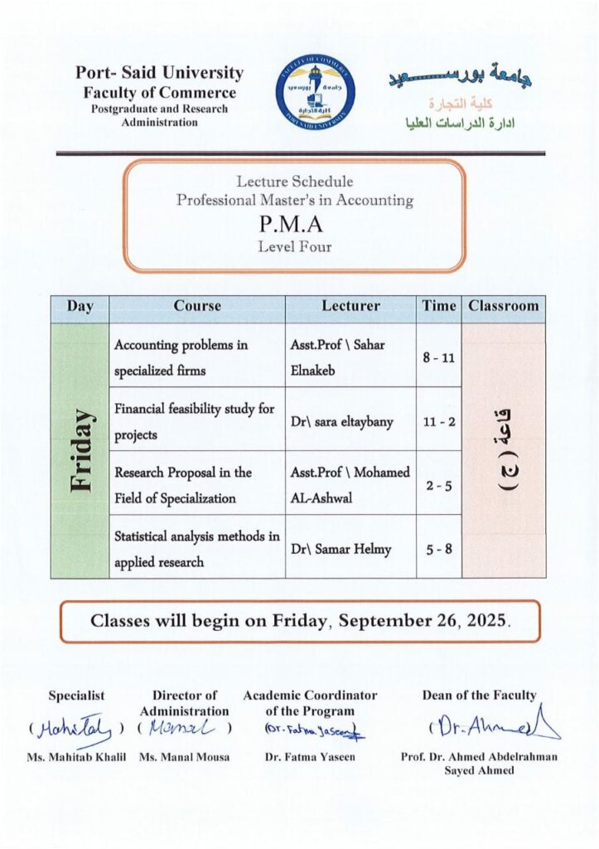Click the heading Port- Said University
point(159,73)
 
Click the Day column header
point(80,306)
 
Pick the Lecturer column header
point(350,306)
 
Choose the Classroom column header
point(503,306)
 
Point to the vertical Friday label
point(80,450)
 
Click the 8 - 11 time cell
point(439,355)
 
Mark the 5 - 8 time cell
point(439,549)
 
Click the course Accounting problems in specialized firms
point(182,357)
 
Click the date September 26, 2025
point(429,620)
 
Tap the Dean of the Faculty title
point(479,696)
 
